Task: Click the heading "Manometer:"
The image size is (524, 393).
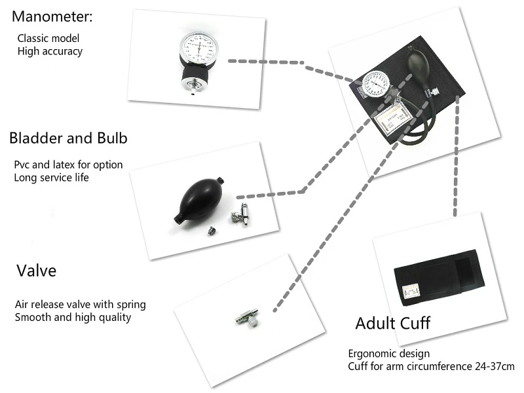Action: pos(52,17)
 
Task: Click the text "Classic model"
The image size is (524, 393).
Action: pos(48,38)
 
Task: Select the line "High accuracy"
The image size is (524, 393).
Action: pos(50,51)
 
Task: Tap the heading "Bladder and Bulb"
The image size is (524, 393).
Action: pos(68,138)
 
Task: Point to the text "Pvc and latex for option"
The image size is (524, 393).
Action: pos(68,165)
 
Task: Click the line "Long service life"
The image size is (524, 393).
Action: pos(52,178)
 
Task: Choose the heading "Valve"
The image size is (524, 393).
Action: pos(37,271)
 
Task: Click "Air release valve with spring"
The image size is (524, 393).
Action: pos(80,305)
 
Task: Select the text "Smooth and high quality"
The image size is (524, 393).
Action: pos(73,317)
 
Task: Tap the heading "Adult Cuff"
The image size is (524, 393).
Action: pos(392,323)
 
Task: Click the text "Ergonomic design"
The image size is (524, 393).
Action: pos(389,354)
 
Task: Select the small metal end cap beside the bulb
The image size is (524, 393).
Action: pos(211,231)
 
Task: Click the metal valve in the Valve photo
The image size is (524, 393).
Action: pos(248,318)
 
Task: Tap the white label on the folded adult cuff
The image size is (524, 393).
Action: pos(411,291)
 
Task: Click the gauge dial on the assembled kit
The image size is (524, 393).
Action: pos(376,84)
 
